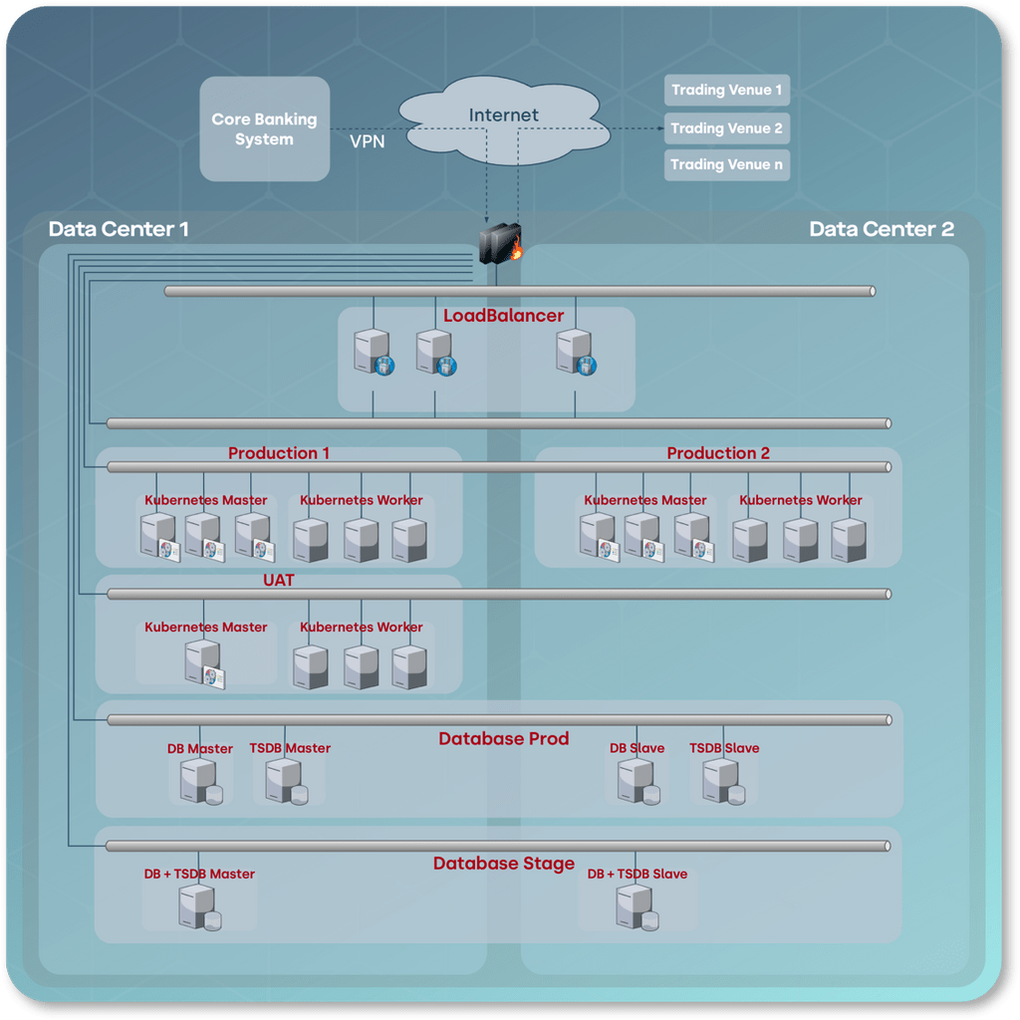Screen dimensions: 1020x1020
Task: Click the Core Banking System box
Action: [x=264, y=128]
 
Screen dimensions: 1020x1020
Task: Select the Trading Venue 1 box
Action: [x=726, y=91]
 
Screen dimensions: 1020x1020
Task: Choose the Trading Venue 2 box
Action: [x=726, y=128]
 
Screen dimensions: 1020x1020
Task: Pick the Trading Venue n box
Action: [x=726, y=165]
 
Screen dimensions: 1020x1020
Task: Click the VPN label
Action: [x=367, y=142]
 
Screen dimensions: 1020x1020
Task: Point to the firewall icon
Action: [x=500, y=243]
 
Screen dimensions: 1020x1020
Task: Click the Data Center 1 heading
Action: [x=119, y=229]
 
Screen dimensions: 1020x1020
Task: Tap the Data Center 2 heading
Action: [x=882, y=229]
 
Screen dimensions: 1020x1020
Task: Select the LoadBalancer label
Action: [x=503, y=317]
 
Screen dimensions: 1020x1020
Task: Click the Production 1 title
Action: [x=279, y=453]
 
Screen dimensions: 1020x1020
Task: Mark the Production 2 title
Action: [x=718, y=453]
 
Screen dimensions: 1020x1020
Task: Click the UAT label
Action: [x=279, y=580]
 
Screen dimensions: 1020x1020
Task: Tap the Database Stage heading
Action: [x=503, y=864]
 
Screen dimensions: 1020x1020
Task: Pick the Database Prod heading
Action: [x=503, y=739]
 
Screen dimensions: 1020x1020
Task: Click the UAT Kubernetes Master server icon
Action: [x=204, y=663]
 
